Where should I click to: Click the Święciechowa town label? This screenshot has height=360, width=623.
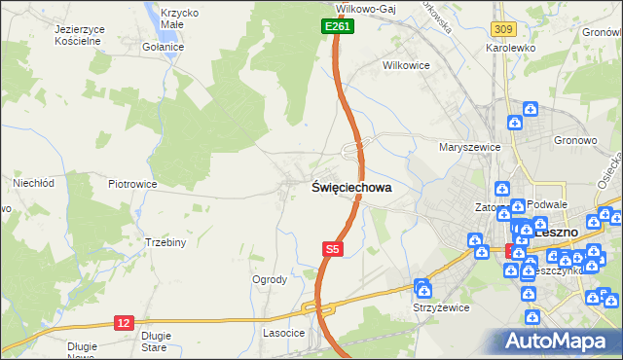[351, 188]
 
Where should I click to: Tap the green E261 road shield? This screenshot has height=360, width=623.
[338, 27]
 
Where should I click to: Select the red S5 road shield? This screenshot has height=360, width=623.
[332, 250]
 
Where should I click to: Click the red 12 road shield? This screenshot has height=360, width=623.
[123, 322]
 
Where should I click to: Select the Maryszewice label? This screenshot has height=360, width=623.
[469, 147]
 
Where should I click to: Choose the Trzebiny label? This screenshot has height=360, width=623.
[165, 242]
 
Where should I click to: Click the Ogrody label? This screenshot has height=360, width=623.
[270, 279]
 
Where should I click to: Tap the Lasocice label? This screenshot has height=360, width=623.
[285, 333]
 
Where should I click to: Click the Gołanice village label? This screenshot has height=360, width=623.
[161, 46]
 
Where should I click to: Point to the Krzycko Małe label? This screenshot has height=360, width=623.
[179, 19]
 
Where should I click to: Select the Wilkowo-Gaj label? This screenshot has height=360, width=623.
[370, 6]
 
